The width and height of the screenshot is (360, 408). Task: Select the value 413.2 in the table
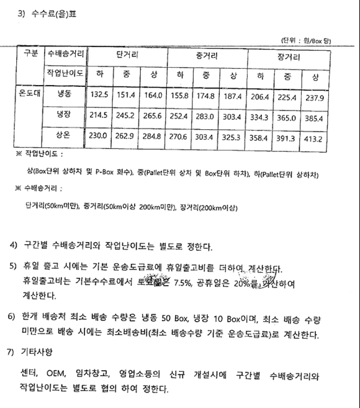315,136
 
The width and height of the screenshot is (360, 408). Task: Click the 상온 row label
64,136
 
